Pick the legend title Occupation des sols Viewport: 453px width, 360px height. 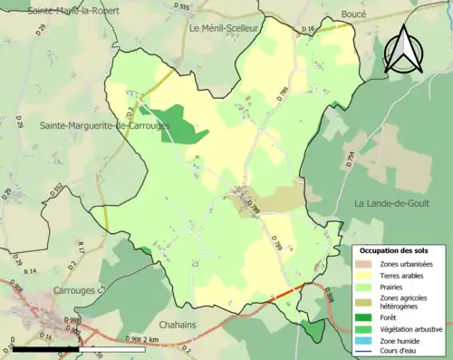point(395,249)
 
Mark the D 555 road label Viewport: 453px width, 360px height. point(185,7)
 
